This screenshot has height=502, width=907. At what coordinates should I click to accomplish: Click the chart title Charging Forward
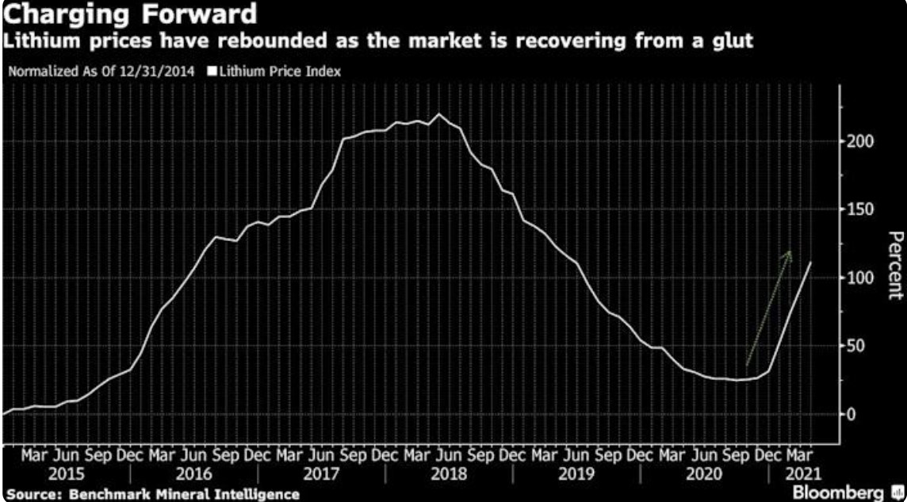130,14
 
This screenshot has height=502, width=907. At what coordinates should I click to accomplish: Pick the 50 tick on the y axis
855,346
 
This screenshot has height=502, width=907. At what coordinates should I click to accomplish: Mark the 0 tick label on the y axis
851,414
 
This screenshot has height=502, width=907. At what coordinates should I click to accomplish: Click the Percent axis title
894,266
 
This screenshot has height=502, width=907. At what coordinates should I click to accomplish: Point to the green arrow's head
789,252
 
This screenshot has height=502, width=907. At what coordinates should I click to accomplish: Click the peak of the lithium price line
440,114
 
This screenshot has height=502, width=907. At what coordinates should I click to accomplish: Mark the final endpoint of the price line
810,262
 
